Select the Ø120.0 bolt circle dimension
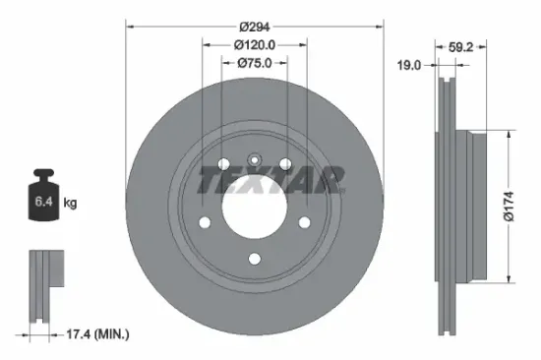click(254, 44)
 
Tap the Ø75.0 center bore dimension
click(254, 63)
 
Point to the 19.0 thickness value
click(410, 65)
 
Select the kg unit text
click(70, 204)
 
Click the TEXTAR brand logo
click(271, 180)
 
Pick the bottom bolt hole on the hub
click(254, 259)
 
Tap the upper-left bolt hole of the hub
click(223, 163)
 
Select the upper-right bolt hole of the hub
click(285, 163)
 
